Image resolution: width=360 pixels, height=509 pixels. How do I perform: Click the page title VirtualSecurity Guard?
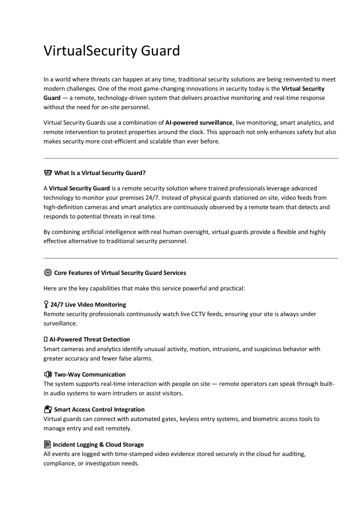tap(111, 51)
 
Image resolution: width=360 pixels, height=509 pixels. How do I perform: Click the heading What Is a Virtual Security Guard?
tap(99, 173)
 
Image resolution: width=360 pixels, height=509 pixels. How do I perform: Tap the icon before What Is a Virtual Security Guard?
tap(47, 173)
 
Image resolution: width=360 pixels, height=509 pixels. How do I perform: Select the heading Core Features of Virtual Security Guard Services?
tap(120, 273)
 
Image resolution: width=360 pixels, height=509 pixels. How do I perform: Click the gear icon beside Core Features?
tap(47, 273)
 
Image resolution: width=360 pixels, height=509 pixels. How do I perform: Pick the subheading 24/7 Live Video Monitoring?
tap(88, 304)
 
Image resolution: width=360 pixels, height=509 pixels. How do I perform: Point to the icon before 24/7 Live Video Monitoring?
tap(46, 304)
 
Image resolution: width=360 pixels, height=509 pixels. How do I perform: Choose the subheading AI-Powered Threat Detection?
tap(89, 339)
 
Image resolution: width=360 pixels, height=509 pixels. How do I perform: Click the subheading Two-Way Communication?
tap(89, 374)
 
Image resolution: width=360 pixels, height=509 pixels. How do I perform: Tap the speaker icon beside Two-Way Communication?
tap(47, 374)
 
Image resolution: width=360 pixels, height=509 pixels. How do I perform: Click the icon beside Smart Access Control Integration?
tap(47, 409)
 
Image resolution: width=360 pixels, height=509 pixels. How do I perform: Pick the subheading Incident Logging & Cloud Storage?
tap(98, 444)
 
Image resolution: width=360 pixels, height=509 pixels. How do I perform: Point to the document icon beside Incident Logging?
tap(47, 444)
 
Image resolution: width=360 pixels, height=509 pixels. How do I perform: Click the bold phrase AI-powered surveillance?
tap(199, 122)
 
